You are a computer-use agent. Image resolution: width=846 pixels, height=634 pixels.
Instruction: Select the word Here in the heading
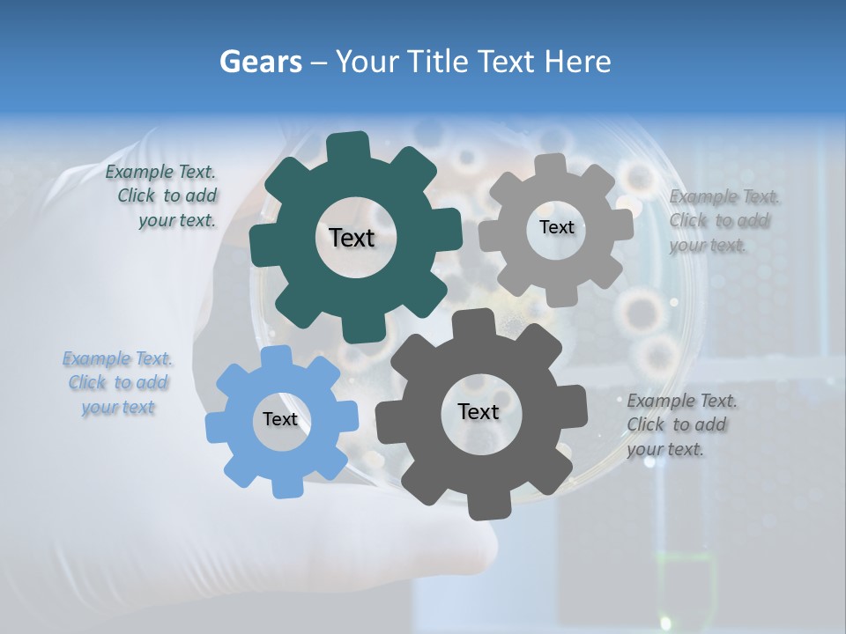pos(579,62)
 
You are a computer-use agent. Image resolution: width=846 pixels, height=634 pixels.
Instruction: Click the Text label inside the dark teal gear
pos(352,238)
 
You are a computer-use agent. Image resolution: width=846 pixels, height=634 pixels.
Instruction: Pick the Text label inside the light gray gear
pos(556,227)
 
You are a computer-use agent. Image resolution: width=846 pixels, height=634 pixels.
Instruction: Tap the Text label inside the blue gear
pos(280,419)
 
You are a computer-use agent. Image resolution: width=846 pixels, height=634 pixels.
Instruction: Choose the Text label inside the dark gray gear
pos(479,411)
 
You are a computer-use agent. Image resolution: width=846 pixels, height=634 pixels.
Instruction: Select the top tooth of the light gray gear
pos(551,165)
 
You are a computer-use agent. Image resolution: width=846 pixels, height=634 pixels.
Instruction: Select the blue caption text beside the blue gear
pos(117,383)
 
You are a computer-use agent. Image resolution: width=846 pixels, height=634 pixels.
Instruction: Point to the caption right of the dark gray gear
pos(682,424)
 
